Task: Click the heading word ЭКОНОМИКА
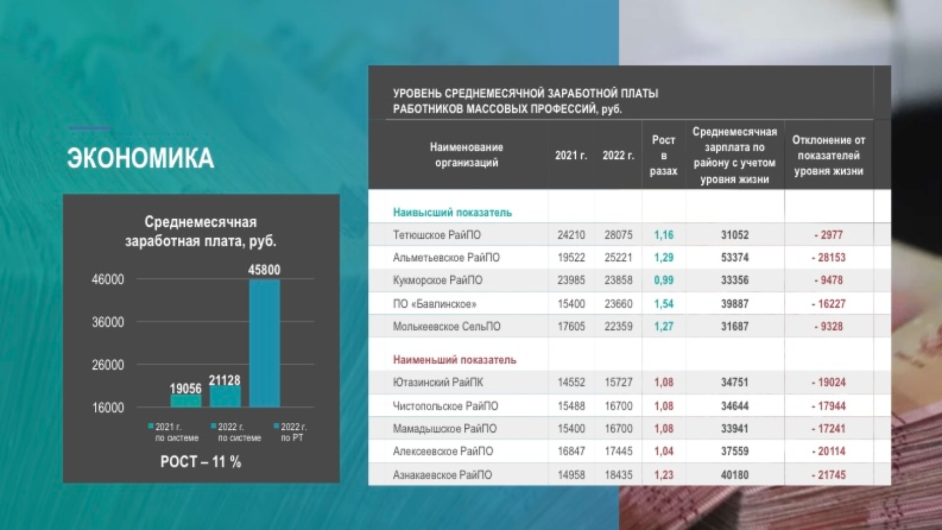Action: click(140, 158)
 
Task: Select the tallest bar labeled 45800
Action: click(264, 343)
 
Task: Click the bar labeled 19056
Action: click(185, 401)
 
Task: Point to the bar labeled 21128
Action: click(225, 396)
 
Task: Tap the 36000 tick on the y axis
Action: click(108, 322)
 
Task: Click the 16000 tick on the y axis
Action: click(108, 408)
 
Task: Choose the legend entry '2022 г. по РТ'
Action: click(291, 432)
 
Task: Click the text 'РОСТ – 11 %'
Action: click(201, 462)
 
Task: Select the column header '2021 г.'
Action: click(570, 155)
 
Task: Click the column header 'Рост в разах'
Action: click(663, 155)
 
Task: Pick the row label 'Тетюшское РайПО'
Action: click(437, 235)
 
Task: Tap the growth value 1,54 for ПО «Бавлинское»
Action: click(664, 304)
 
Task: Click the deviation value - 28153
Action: click(828, 257)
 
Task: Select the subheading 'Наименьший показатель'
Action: click(455, 360)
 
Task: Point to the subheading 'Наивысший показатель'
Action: click(452, 213)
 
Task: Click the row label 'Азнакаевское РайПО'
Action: click(442, 475)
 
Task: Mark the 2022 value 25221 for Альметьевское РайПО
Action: click(618, 257)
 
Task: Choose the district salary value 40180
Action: click(735, 475)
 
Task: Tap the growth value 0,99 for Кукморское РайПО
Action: click(664, 280)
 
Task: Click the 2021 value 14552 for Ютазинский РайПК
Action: click(571, 382)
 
